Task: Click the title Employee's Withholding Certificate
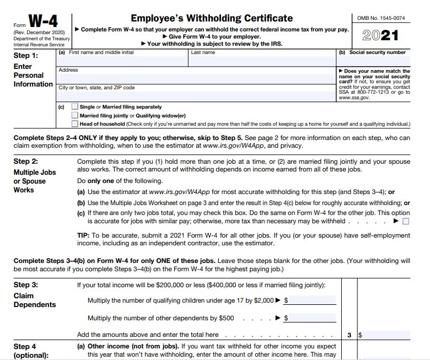[212, 18]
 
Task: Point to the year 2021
[380, 35]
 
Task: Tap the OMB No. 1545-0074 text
[380, 18]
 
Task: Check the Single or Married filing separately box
[74, 107]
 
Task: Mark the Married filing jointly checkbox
[74, 116]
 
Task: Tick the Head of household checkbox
[74, 124]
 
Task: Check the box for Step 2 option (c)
[406, 222]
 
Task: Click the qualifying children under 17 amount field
[312, 300]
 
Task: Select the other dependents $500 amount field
[312, 318]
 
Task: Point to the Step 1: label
[26, 56]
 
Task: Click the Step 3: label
[26, 285]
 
